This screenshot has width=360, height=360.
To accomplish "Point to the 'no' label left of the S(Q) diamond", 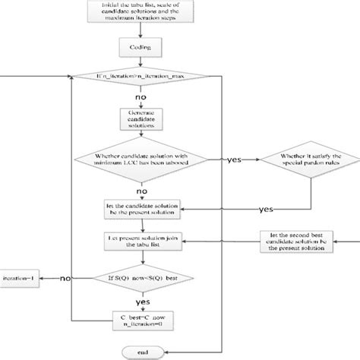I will pyautogui.click(x=66, y=279).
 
